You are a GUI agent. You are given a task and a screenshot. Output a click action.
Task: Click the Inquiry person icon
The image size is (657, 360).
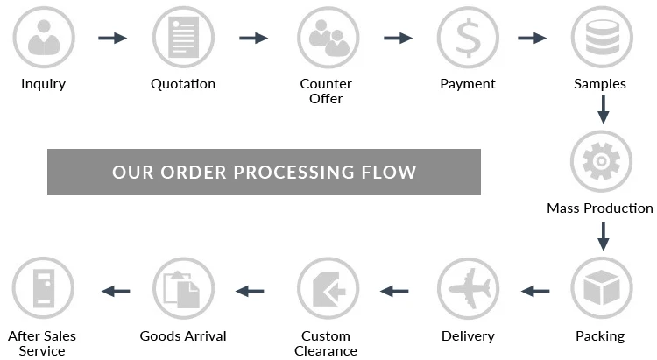click(x=43, y=38)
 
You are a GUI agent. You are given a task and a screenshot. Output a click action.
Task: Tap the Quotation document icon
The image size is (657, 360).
click(x=183, y=38)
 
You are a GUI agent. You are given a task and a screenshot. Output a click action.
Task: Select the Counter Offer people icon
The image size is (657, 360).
click(x=326, y=38)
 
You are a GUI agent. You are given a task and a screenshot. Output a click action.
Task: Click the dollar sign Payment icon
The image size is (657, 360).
click(x=468, y=38)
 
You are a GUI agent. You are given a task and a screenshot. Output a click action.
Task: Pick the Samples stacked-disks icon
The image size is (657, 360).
click(x=601, y=38)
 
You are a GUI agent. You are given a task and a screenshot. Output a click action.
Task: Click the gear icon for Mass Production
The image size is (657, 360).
click(x=601, y=161)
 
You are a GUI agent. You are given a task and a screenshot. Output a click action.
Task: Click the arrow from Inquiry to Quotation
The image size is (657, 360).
click(x=112, y=38)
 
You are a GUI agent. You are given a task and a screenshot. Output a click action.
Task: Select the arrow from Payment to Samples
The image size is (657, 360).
click(x=532, y=38)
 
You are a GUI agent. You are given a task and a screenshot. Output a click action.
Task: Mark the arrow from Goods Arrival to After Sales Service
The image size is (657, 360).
click(x=116, y=290)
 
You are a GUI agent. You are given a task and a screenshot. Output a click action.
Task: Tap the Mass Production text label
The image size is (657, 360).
click(x=600, y=208)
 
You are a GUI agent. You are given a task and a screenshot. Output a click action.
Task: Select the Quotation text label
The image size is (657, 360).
click(x=183, y=84)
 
